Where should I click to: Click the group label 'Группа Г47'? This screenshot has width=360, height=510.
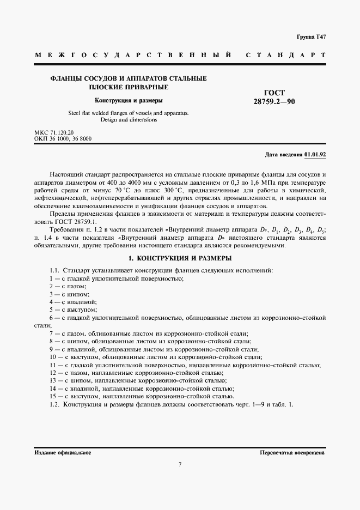pos(311,37)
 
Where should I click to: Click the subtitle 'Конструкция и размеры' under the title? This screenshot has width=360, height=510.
pos(129,100)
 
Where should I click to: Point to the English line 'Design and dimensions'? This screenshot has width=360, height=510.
pos(129,119)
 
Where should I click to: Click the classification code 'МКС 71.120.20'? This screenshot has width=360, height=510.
pos(54,133)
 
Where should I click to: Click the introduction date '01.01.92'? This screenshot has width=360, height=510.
pos(315,155)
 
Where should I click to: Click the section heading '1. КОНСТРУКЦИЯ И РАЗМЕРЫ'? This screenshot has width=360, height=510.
pos(180,257)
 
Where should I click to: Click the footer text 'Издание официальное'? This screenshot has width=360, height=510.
pos(63,453)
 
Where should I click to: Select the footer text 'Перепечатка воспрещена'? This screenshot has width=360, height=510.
pos(293,453)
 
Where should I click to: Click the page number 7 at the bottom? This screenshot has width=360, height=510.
pos(180,464)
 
